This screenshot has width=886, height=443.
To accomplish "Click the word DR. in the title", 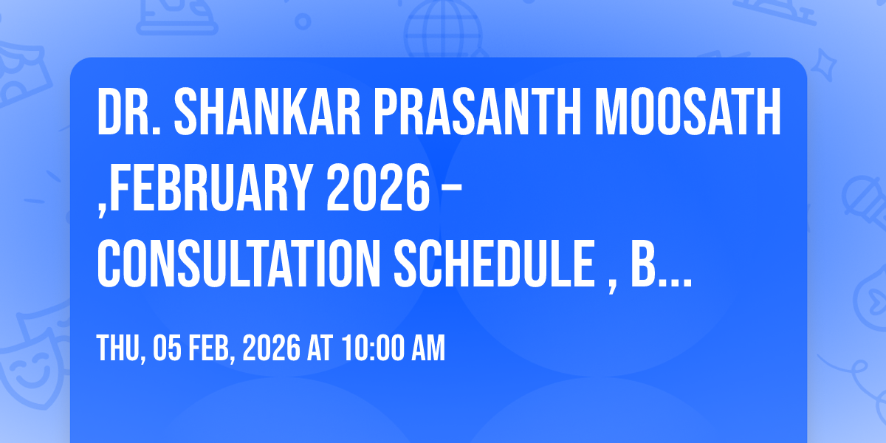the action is [x=128, y=111].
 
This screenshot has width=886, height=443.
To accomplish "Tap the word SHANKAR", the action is [x=267, y=111].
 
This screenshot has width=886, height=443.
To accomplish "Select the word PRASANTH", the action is [x=478, y=111].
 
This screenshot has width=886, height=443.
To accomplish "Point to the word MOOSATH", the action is [x=688, y=111].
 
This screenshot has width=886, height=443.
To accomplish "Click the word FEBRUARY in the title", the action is [x=211, y=188].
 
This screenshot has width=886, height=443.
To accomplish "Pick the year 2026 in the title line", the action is [x=379, y=188].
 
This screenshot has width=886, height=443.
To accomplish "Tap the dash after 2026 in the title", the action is [x=450, y=192].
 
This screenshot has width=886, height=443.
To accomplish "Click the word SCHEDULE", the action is [x=495, y=264].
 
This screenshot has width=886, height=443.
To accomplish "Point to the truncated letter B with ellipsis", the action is [x=662, y=264].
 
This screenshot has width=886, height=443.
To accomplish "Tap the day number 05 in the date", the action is [x=168, y=348].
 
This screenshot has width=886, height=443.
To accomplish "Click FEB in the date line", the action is [x=212, y=348].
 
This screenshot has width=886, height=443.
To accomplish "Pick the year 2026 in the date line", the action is [x=272, y=348].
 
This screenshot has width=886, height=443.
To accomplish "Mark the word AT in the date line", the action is [x=320, y=348].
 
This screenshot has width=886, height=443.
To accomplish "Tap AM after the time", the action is [x=428, y=348].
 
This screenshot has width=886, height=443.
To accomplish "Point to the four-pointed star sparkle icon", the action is [x=823, y=65].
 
